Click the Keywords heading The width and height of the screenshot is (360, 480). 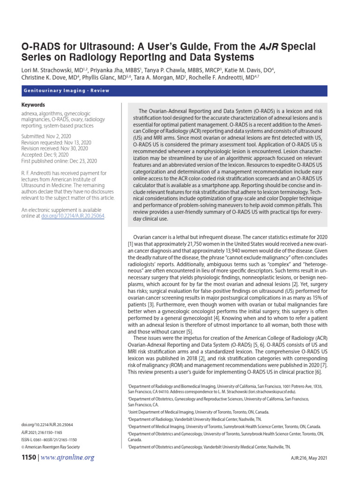[33, 105]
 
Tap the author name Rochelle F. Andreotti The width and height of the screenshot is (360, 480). [206, 78]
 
